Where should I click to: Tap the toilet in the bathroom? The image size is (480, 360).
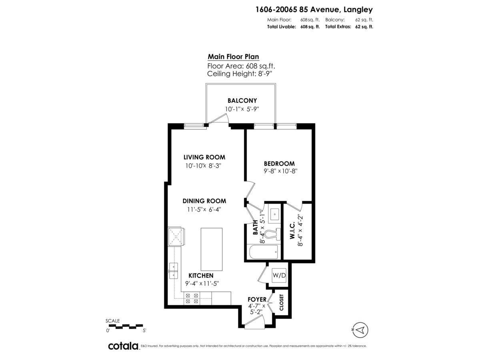pos(272,234)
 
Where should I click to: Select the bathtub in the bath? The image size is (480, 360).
pos(263,252)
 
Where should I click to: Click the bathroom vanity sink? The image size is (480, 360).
pos(274,214)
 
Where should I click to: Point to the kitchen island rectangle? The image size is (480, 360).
pos(212,249)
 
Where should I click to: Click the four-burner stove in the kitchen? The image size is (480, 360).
pos(192,298)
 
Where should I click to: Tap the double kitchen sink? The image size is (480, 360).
pos(174,271)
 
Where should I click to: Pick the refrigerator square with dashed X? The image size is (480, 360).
pos(175,236)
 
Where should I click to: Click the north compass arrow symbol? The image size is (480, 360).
pos(360,330)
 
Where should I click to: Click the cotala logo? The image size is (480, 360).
pos(124,346)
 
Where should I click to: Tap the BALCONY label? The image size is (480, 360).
pos(242,100)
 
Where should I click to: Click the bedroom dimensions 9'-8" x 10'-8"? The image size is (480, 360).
pos(280,171)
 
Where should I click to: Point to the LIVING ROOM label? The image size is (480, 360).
pos(204,157)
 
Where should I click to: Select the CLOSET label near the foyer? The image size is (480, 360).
pos(282,302)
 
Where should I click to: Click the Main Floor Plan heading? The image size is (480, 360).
pos(233,57)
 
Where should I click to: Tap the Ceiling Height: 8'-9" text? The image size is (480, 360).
pos(240,74)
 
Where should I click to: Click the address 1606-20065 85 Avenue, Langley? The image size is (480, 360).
pos(314,10)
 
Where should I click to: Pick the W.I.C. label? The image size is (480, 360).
pos(292,230)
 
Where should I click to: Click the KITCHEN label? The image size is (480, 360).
pos(201,276)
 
